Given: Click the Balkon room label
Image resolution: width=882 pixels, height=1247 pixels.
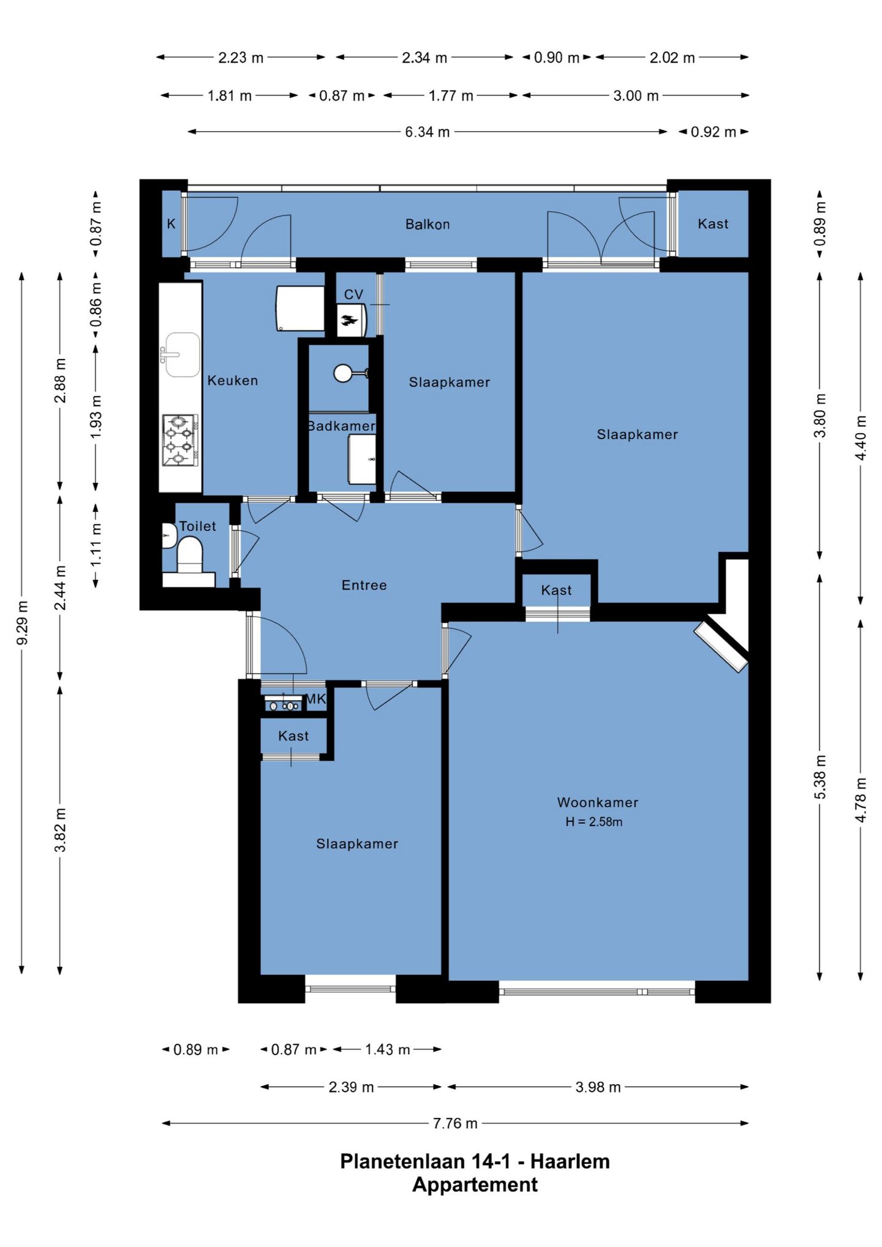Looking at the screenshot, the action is click(428, 224).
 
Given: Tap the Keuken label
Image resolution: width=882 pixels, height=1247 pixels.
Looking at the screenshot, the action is click(233, 380).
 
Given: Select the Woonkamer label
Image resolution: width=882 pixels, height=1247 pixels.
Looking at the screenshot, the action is click(597, 802).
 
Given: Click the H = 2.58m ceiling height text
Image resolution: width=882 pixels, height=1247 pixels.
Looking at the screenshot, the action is click(594, 822).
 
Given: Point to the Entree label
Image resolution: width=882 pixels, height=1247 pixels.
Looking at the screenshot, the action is click(364, 585).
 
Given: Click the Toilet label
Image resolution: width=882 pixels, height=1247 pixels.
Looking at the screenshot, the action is click(197, 526).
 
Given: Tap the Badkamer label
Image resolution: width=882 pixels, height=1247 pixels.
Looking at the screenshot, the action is click(341, 426).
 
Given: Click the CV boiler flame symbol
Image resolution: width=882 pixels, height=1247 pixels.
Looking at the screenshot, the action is click(350, 320).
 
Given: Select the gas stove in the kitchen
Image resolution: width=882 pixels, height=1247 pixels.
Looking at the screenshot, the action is click(180, 440).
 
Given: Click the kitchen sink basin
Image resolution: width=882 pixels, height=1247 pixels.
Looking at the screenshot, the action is click(182, 355).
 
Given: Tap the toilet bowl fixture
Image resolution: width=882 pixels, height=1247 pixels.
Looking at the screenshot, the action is click(189, 554).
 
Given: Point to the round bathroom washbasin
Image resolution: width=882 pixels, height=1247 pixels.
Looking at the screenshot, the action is click(343, 373).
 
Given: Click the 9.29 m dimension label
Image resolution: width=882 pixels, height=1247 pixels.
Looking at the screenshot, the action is click(22, 622).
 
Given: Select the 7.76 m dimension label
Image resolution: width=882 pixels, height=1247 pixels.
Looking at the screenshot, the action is click(455, 1123).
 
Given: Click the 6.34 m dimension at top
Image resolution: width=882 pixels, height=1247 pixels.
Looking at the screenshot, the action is click(427, 132).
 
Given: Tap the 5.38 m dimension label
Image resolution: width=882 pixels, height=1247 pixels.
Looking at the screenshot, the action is click(820, 777).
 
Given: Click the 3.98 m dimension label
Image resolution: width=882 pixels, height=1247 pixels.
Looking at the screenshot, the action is click(598, 1087).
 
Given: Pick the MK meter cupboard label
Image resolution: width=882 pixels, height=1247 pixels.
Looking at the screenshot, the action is click(315, 699).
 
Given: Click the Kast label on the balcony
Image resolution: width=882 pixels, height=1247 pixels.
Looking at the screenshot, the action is click(713, 224).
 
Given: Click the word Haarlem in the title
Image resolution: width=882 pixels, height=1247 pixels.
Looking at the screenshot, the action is click(570, 1161).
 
